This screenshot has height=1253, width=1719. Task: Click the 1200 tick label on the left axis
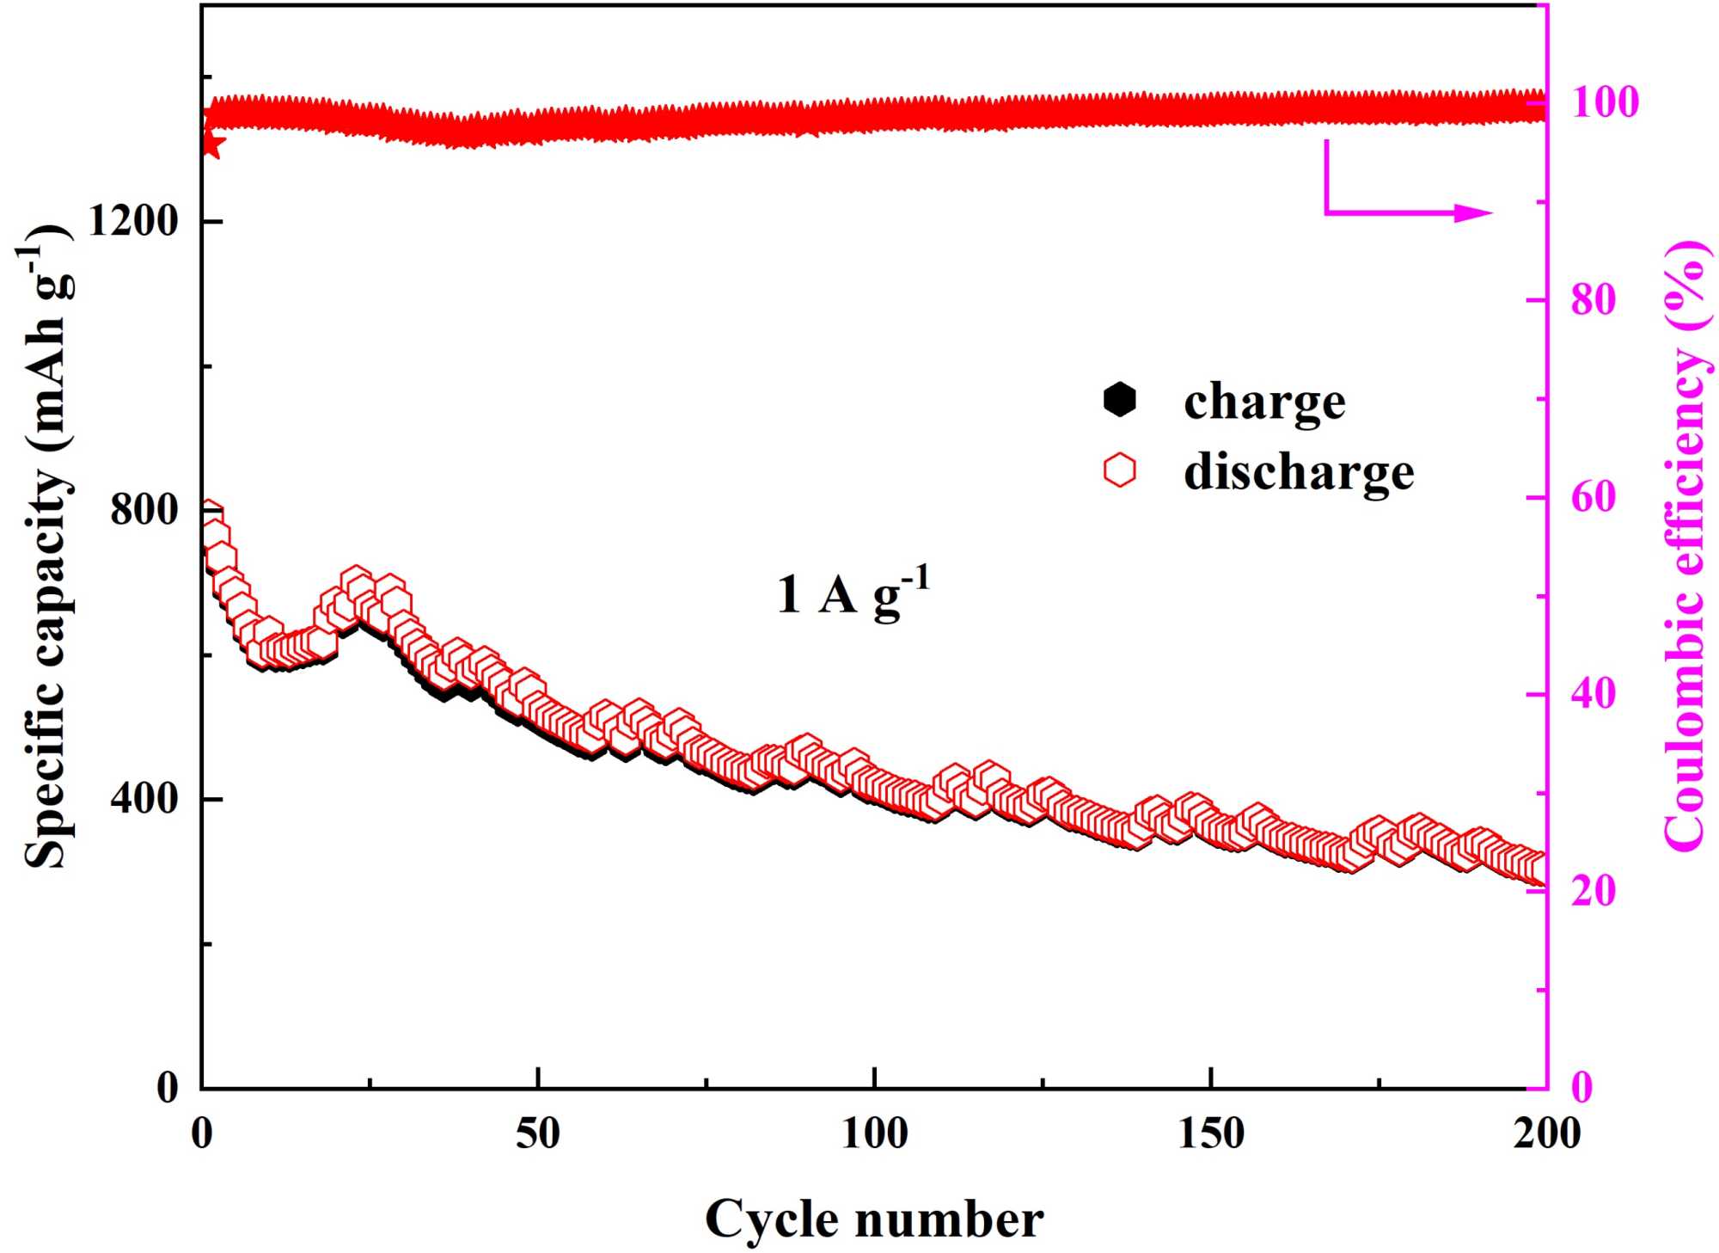click(132, 222)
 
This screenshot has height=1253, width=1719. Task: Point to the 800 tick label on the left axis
click(144, 510)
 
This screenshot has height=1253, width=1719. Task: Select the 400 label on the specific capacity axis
click(144, 799)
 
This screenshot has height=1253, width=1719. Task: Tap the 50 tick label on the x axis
click(537, 1134)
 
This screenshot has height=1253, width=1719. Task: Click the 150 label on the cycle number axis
click(1210, 1134)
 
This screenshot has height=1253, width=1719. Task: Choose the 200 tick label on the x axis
click(1546, 1134)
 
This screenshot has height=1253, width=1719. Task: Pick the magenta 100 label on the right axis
click(1605, 102)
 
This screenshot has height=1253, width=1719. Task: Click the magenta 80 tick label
click(1594, 300)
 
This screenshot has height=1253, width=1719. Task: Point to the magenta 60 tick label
click(1594, 497)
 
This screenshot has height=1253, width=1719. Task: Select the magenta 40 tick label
click(1594, 694)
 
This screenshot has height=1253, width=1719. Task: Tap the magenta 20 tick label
click(1594, 891)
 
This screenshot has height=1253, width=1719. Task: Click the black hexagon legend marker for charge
click(1119, 400)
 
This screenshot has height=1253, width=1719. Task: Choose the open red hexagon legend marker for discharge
click(1119, 470)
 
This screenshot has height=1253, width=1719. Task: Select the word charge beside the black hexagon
click(1264, 402)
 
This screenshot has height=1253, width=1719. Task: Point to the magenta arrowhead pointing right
click(1473, 212)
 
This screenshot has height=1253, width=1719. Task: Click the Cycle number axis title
click(874, 1219)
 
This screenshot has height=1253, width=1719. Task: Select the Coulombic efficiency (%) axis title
click(1685, 546)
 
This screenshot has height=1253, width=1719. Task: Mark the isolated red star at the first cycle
click(211, 144)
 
